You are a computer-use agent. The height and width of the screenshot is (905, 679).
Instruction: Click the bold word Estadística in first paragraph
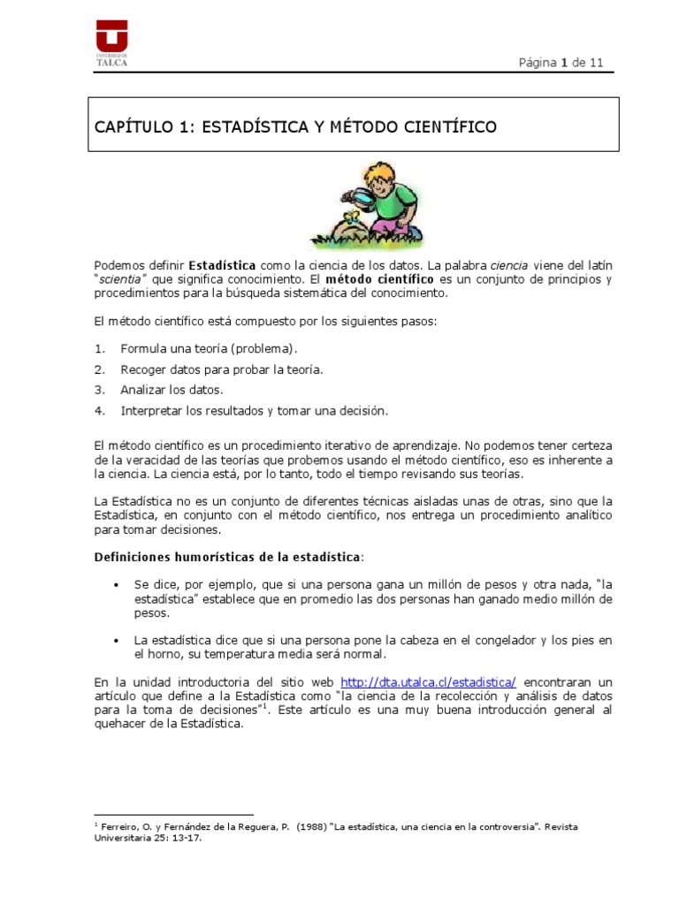tap(222, 266)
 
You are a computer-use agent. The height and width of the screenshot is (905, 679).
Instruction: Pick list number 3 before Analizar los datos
tap(100, 390)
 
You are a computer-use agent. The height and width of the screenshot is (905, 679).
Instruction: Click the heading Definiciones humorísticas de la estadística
tap(228, 557)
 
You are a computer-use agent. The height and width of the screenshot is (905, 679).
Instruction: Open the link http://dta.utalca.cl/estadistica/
tap(428, 683)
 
